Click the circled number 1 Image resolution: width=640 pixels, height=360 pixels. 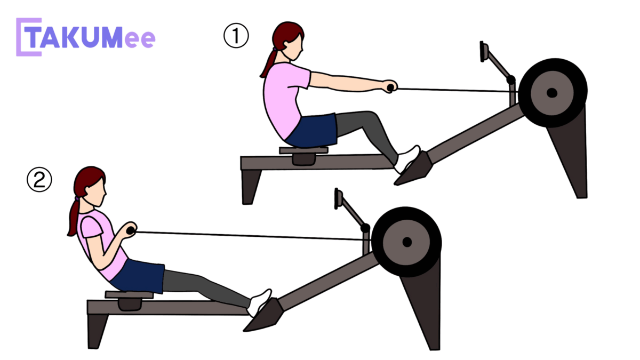click(236, 35)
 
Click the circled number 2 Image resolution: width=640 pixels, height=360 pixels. click(39, 180)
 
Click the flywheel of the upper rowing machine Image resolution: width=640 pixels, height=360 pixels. click(553, 93)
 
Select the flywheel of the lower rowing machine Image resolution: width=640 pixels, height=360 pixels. click(406, 242)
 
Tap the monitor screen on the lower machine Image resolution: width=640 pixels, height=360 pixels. click(338, 198)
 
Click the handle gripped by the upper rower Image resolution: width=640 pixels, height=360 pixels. click(390, 87)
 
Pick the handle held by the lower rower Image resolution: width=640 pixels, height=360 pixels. click(131, 230)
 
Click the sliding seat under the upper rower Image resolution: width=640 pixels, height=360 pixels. click(303, 155)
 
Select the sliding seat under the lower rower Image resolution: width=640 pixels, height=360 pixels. click(129, 300)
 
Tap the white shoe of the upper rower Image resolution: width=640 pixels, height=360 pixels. click(407, 159)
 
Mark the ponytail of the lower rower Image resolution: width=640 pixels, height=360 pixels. click(74, 217)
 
